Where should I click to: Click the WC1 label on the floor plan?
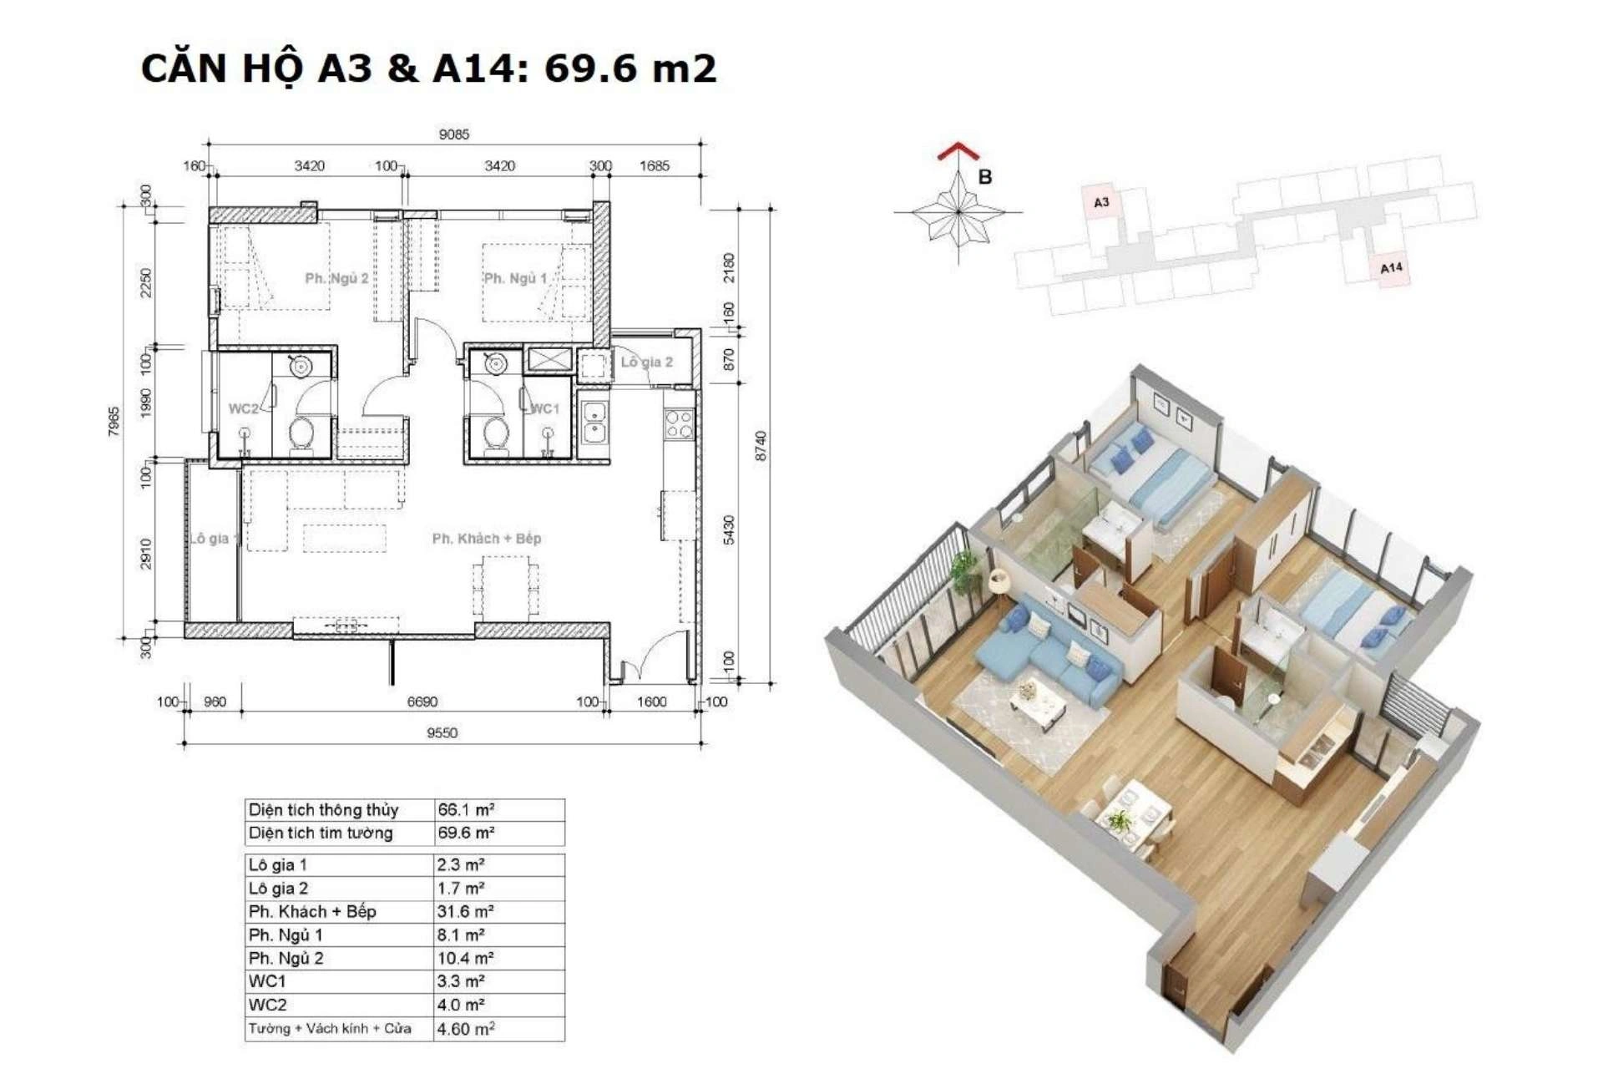coord(545,408)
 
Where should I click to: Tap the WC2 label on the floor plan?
coord(243,408)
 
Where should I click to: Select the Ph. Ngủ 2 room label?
coord(336,278)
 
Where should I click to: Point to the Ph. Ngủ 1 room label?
coord(515,278)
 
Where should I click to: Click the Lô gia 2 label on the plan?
coord(646,362)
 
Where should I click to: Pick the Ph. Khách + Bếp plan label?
coord(487,539)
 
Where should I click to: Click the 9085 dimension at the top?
coord(454,134)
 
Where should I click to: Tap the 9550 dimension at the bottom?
coord(442,732)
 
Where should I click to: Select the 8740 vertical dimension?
coord(761,445)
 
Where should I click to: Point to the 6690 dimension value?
coord(422,702)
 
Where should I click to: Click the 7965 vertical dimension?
coord(114,422)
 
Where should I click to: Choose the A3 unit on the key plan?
coord(1101,202)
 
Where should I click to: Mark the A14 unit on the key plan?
coord(1391,268)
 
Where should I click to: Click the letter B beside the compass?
coord(985,177)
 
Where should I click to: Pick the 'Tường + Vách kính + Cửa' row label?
coord(330,1028)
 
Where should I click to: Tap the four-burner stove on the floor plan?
coord(679,423)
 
